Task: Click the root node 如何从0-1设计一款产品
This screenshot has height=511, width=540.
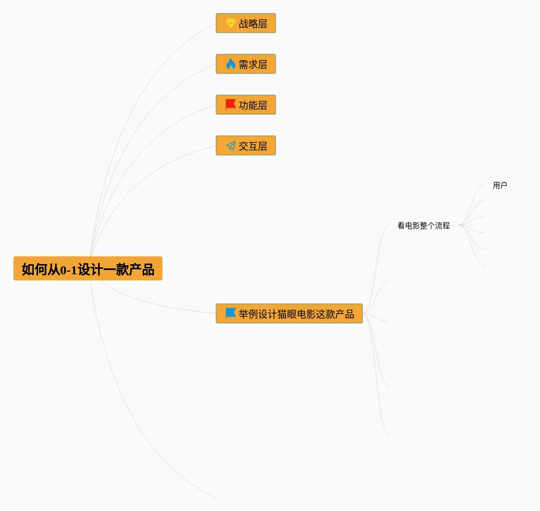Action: [87, 268]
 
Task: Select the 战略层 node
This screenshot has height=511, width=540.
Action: [246, 24]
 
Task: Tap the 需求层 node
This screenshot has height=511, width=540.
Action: [246, 64]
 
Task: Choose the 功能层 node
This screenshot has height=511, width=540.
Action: [246, 105]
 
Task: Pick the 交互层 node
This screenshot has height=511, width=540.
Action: [246, 146]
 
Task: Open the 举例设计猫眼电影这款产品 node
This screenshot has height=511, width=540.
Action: [289, 314]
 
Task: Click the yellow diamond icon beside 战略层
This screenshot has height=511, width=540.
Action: [231, 24]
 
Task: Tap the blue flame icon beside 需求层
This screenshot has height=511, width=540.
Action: [231, 64]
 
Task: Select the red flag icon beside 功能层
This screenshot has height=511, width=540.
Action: [231, 105]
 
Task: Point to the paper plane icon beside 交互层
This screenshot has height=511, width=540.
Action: [231, 145]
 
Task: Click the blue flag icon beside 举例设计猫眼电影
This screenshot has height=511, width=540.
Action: [231, 313]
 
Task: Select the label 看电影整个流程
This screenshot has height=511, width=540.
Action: [423, 226]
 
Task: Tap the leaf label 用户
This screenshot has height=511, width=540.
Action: [500, 186]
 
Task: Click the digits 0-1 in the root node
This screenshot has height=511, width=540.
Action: [68, 269]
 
